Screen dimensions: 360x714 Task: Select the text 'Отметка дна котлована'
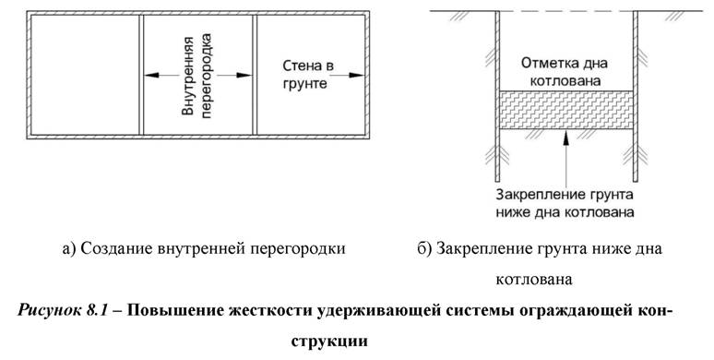pyautogui.click(x=564, y=73)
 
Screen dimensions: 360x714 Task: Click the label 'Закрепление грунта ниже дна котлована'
pyautogui.click(x=564, y=203)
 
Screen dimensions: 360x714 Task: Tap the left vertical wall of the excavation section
pyautogui.click(x=495, y=92)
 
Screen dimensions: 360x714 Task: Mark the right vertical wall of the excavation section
pyautogui.click(x=635, y=92)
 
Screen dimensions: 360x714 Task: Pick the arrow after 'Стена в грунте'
pyautogui.click(x=349, y=77)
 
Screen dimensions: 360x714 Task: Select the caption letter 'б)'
pyautogui.click(x=425, y=248)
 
